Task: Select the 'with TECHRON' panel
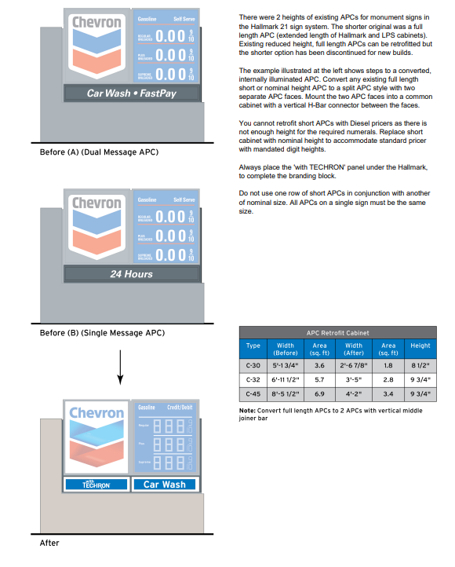[96, 484]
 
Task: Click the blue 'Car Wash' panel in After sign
[165, 484]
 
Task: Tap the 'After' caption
[49, 543]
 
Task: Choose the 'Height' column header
[420, 346]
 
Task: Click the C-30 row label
[253, 364]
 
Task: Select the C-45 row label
[253, 393]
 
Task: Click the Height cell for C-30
[420, 364]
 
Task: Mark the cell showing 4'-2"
[355, 393]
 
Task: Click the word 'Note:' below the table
[249, 411]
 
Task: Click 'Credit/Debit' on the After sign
[180, 408]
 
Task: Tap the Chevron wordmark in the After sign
[96, 414]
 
